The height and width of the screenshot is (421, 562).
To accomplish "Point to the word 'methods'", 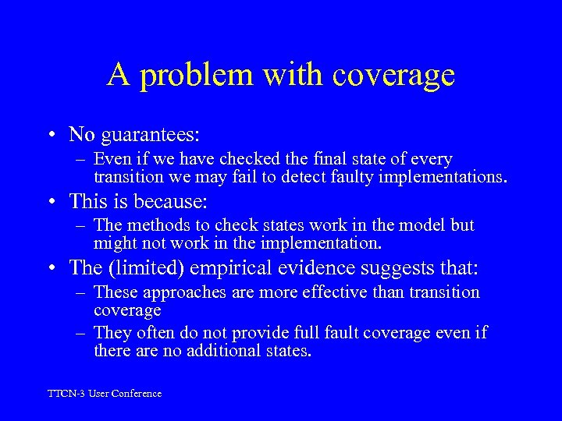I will (156, 226).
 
